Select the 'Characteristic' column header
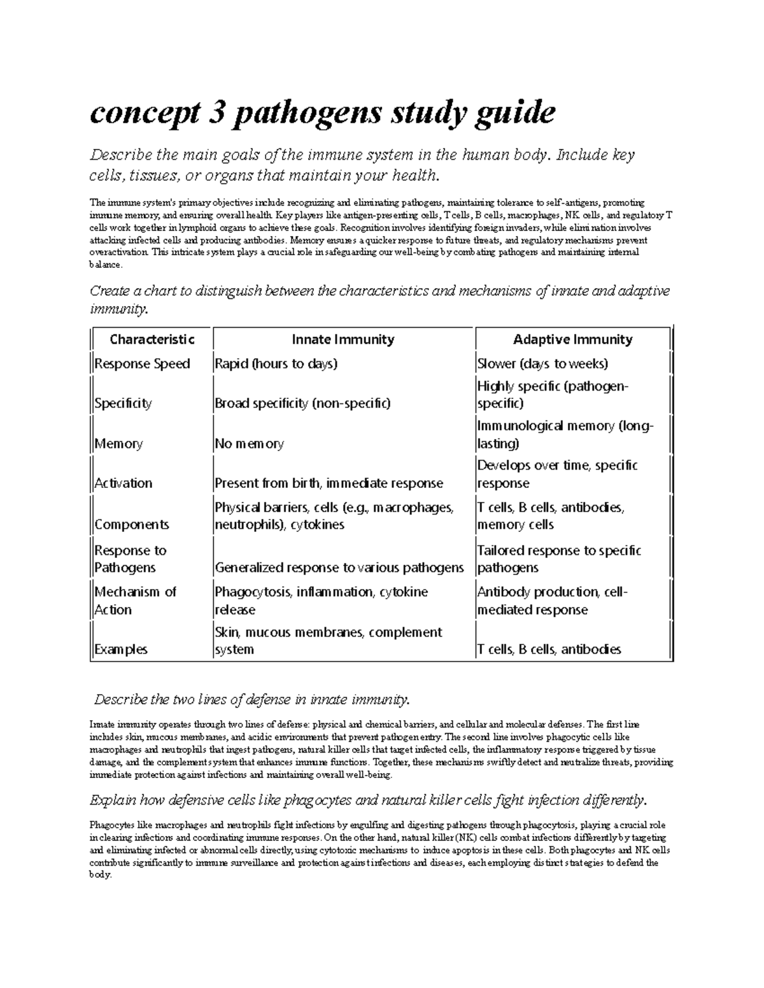[152, 340]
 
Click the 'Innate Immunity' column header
[343, 340]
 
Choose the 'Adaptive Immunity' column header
[572, 340]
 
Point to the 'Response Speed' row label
[142, 364]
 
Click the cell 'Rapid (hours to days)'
[276, 364]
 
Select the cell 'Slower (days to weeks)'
[542, 364]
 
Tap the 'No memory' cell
[249, 444]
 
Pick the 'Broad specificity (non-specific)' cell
[302, 403]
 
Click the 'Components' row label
[132, 525]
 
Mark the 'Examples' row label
[121, 650]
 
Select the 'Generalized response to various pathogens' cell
[339, 567]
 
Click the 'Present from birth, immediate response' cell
[329, 484]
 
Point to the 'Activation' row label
[124, 484]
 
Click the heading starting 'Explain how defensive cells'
[369, 800]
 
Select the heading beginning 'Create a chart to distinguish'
[379, 291]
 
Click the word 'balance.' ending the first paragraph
[105, 265]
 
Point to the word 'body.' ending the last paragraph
[101, 875]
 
